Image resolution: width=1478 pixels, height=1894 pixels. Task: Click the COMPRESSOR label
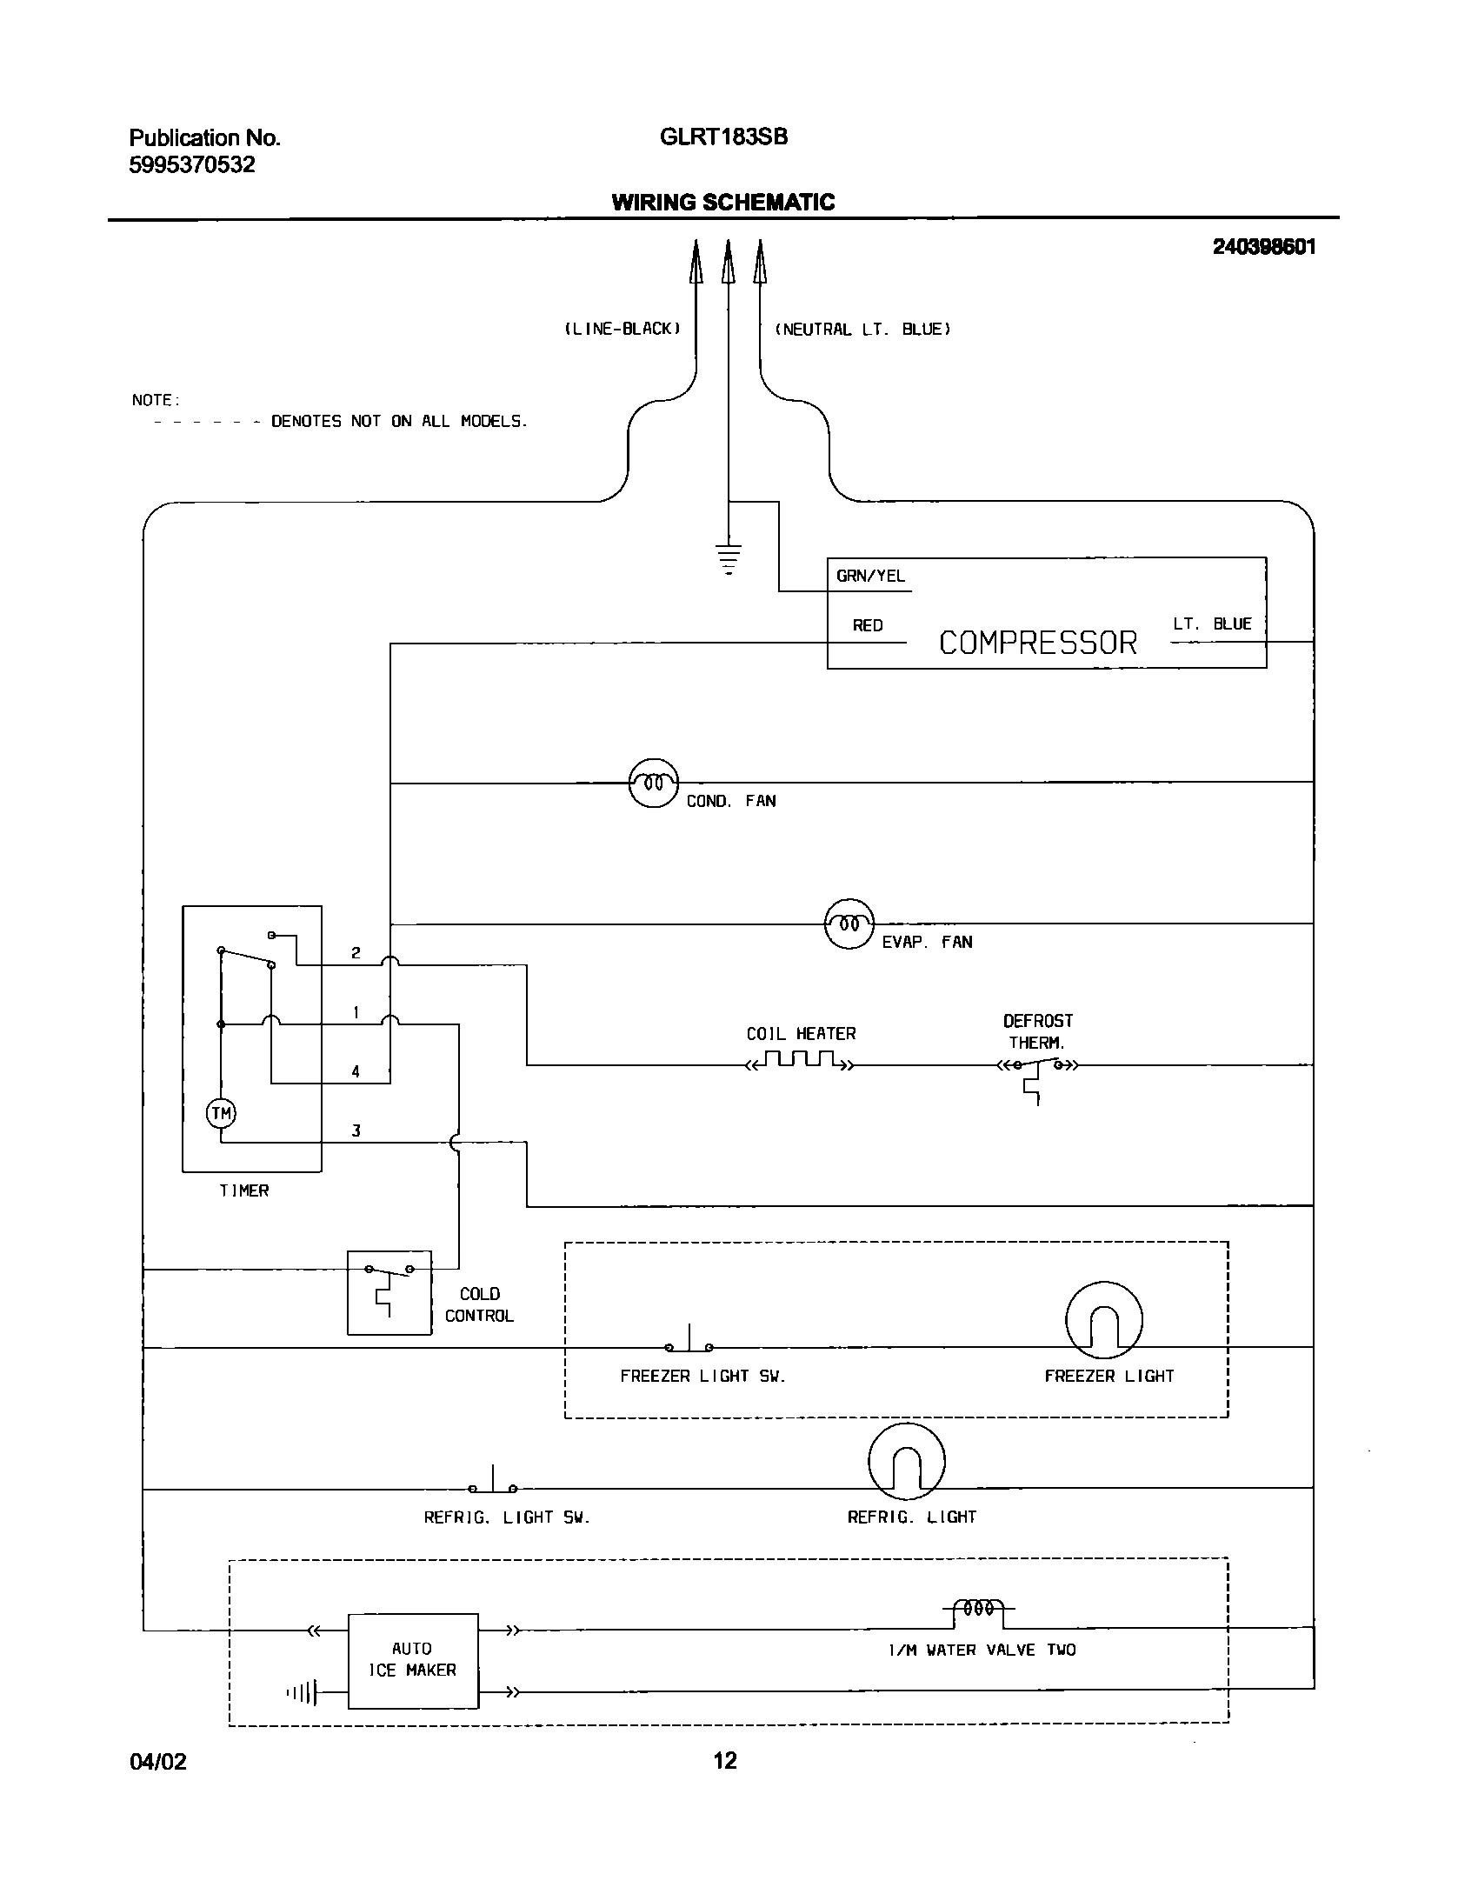pyautogui.click(x=1038, y=643)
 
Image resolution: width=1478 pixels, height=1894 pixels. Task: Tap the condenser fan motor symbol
pyautogui.click(x=653, y=783)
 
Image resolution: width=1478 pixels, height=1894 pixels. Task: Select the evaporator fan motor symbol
pyautogui.click(x=849, y=924)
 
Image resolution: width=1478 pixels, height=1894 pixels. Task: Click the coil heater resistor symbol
pyautogui.click(x=800, y=1061)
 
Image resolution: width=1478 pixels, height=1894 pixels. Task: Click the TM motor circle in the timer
pyautogui.click(x=221, y=1113)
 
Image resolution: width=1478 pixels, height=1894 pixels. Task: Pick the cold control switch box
pyautogui.click(x=389, y=1292)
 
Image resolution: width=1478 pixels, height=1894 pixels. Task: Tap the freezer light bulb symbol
pyautogui.click(x=1103, y=1321)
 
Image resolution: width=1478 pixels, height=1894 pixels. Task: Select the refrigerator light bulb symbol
pyautogui.click(x=906, y=1462)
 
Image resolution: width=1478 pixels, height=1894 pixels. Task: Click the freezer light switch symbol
pyautogui.click(x=689, y=1344)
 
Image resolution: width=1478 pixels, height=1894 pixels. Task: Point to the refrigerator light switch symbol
pyautogui.click(x=493, y=1485)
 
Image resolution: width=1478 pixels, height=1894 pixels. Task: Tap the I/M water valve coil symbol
pyautogui.click(x=979, y=1611)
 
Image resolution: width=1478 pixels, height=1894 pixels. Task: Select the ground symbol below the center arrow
pyautogui.click(x=729, y=557)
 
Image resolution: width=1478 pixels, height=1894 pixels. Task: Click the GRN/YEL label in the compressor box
pyautogui.click(x=870, y=576)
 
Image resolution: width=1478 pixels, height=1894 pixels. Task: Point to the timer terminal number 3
pyautogui.click(x=356, y=1130)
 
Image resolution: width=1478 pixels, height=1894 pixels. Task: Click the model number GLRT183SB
pyautogui.click(x=723, y=137)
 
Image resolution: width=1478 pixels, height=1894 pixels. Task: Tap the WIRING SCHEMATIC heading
pyautogui.click(x=722, y=203)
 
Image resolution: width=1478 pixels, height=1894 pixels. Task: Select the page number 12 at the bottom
pyautogui.click(x=724, y=1761)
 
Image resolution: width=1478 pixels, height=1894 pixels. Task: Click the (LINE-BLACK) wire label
pyautogui.click(x=622, y=329)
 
